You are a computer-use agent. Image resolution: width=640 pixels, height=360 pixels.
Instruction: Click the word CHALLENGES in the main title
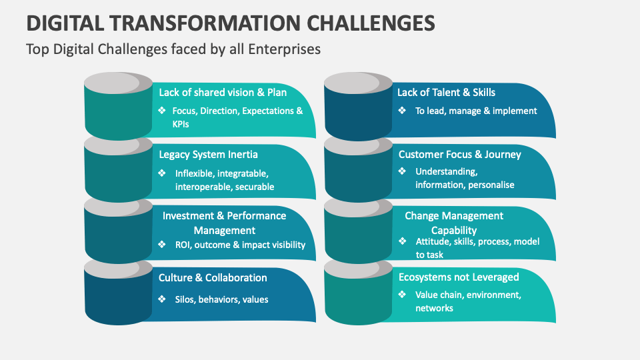(371, 23)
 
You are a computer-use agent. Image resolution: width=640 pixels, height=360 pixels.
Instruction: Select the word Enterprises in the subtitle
(284, 49)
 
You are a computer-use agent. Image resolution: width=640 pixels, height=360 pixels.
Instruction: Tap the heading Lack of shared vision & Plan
(223, 92)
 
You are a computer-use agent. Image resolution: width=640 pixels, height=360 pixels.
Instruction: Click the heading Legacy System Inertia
(208, 155)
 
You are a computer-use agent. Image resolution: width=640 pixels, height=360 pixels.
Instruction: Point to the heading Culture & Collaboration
(213, 277)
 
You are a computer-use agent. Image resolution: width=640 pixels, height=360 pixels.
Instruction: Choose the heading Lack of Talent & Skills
(446, 92)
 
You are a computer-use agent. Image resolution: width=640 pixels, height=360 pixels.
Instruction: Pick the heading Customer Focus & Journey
(459, 155)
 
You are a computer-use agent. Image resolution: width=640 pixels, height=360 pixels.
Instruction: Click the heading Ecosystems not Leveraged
(459, 277)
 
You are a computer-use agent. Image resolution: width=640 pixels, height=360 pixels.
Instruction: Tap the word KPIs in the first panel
(181, 124)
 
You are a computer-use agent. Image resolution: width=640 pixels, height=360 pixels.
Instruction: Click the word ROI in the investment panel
(182, 245)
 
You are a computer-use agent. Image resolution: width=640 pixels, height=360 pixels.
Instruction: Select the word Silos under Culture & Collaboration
(185, 299)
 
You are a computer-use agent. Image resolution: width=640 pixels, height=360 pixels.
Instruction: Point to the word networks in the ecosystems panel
(434, 308)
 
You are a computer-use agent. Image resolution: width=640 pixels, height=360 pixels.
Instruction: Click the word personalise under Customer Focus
(491, 185)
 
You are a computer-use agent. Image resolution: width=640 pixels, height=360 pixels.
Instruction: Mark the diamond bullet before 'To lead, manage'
(402, 111)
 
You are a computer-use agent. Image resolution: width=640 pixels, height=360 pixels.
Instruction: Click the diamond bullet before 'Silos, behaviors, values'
(162, 299)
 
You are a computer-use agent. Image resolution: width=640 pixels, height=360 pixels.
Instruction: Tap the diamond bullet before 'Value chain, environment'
(402, 294)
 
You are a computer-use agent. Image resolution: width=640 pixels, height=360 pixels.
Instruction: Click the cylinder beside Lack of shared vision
(119, 106)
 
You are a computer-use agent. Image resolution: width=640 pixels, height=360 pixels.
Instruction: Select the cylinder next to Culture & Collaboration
(119, 292)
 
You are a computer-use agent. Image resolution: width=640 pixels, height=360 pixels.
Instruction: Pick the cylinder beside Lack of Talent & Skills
(359, 106)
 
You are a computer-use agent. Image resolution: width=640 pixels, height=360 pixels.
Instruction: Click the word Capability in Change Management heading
(454, 230)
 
